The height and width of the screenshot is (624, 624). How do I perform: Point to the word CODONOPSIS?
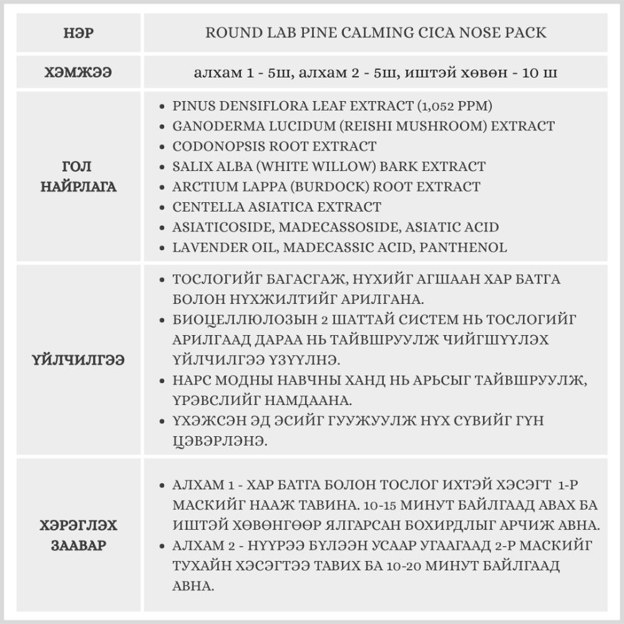point(217,147)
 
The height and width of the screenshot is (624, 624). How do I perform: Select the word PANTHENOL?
point(463,247)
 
